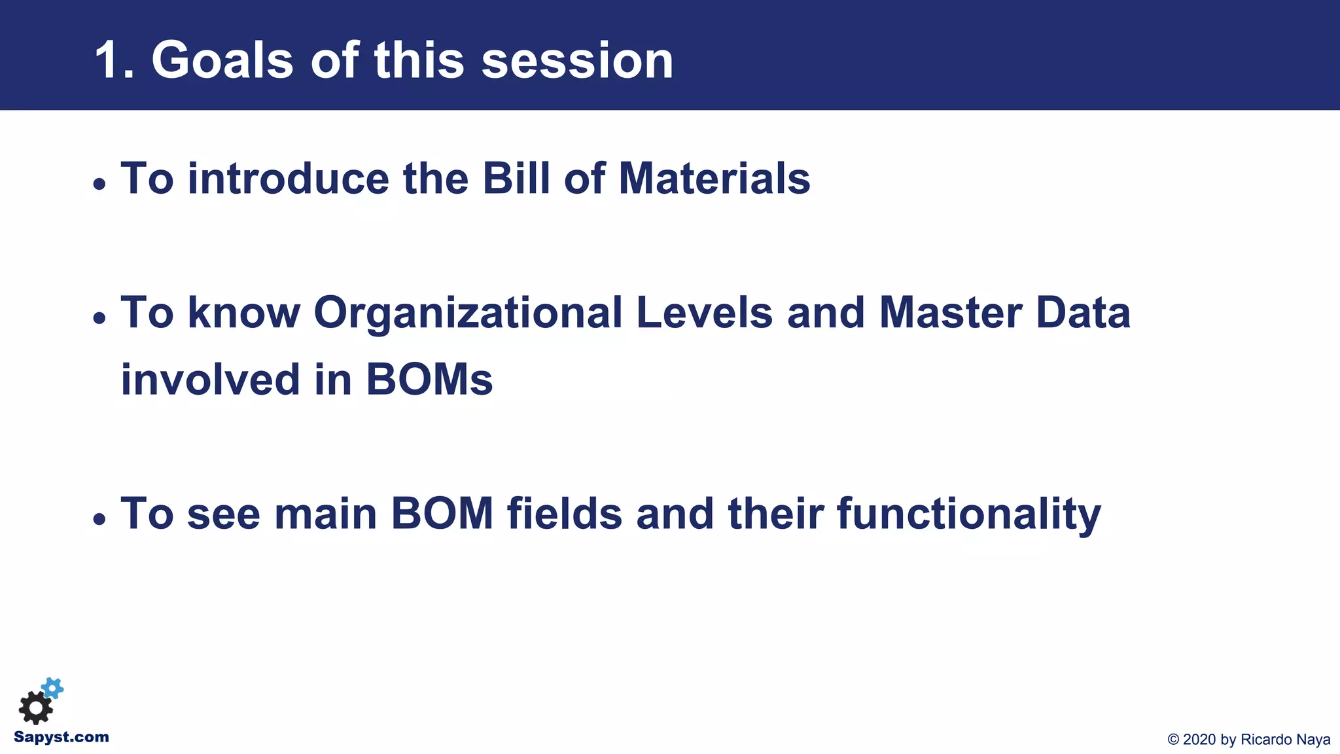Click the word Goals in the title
point(222,61)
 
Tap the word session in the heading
point(577,61)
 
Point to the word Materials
point(714,178)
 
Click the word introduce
point(288,178)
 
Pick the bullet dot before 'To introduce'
point(99,184)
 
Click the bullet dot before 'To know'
point(99,318)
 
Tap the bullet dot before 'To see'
point(99,519)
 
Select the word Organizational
point(468,313)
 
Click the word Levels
point(704,313)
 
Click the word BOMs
point(429,380)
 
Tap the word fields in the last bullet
point(564,514)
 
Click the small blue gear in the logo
point(53,688)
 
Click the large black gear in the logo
point(35,708)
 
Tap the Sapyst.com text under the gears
point(62,737)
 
